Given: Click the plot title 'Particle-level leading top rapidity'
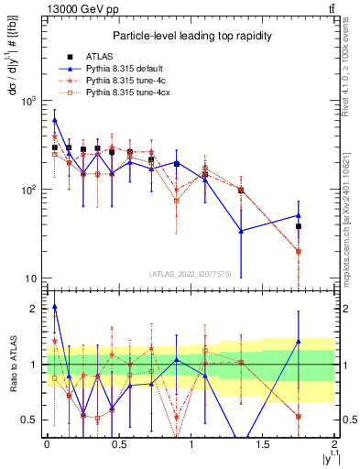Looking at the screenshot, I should [189, 36].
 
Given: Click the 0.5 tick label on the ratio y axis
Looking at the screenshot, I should [30, 420].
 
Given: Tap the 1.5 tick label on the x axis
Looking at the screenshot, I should [263, 444].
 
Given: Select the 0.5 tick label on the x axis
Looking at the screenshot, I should [118, 444].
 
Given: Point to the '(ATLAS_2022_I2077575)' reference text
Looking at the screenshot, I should [191, 273].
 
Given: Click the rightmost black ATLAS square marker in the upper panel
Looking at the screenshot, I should [299, 226].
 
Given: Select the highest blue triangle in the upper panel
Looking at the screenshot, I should [55, 119].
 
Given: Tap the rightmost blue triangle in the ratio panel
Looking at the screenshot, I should [299, 342].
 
